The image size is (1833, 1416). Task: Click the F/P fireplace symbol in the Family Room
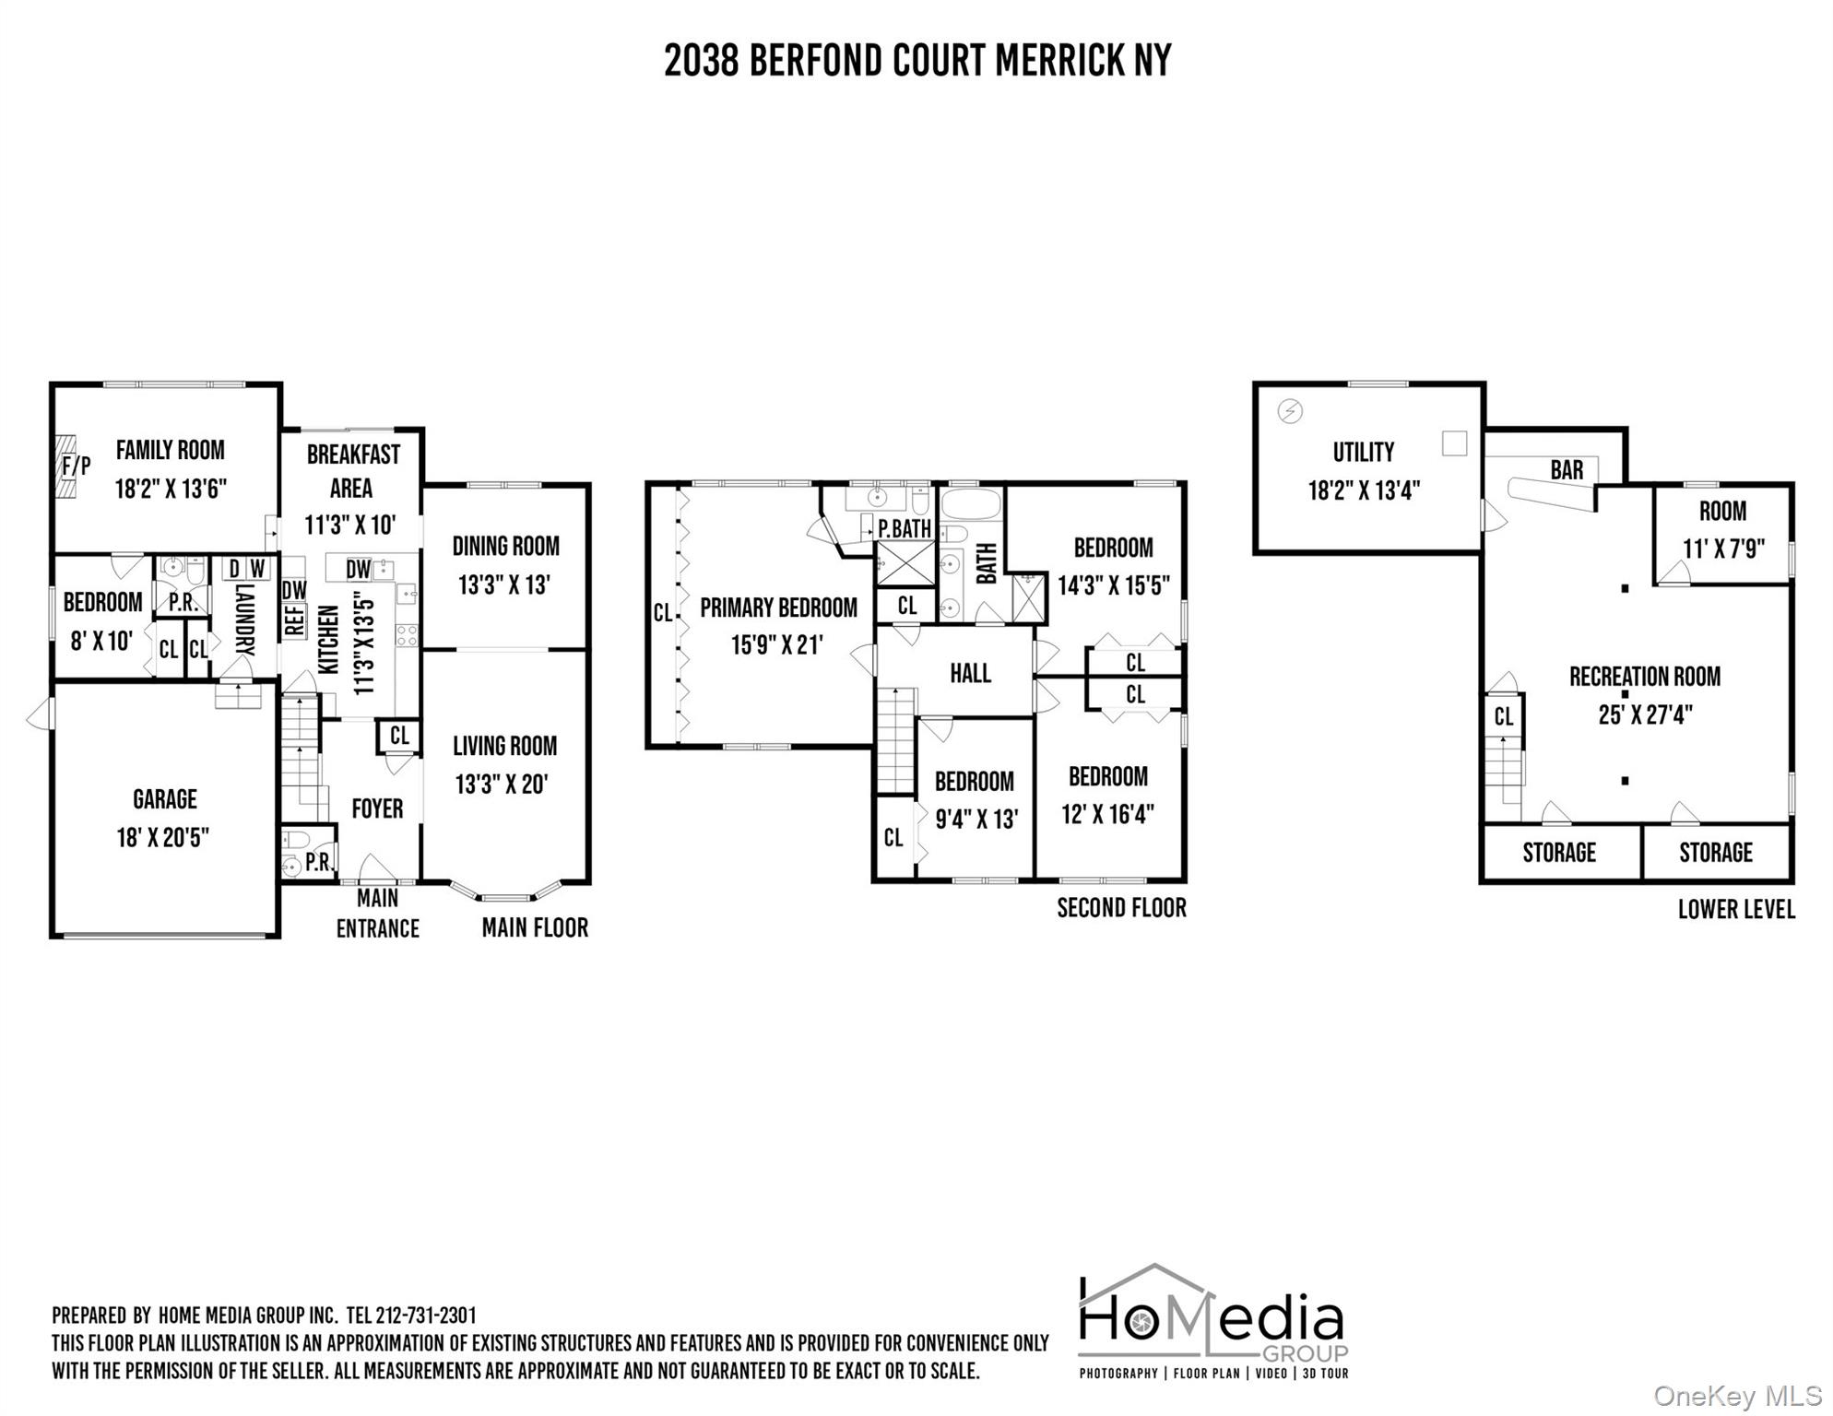click(x=75, y=466)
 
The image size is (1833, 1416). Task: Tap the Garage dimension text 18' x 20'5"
click(x=163, y=838)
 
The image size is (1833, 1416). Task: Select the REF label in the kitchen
click(x=294, y=619)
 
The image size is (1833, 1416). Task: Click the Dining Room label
click(x=505, y=547)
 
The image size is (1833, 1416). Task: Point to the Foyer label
click(x=377, y=809)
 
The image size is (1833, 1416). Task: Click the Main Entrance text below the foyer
click(x=377, y=914)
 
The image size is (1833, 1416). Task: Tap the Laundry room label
click(x=244, y=619)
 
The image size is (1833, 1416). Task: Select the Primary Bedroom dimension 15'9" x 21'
click(x=776, y=645)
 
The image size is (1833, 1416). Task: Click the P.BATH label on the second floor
click(x=904, y=529)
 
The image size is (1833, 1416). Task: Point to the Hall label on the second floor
click(x=970, y=674)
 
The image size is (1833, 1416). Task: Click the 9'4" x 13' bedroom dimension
click(x=976, y=820)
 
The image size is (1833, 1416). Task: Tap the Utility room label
click(x=1363, y=453)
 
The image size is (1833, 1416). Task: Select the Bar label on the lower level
click(x=1567, y=470)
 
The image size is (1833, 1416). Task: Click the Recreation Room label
click(x=1644, y=678)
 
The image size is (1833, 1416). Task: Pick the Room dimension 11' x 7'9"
click(x=1723, y=549)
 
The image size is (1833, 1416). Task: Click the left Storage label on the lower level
click(x=1558, y=853)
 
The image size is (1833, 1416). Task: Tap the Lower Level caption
click(x=1735, y=910)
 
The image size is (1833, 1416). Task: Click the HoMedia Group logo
click(x=1212, y=1321)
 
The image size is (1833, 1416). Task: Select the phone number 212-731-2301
click(x=425, y=1316)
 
